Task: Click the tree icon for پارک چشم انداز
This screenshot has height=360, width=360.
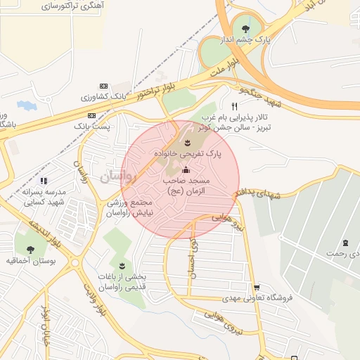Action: [245, 29]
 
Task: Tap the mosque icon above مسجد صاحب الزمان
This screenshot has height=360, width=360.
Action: [186, 169]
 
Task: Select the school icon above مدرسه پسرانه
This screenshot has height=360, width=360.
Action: [44, 181]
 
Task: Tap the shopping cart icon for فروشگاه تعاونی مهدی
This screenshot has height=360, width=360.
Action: [257, 287]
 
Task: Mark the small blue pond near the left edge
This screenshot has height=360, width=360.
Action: [26, 105]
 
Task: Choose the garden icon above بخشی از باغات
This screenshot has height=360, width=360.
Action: [123, 265]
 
